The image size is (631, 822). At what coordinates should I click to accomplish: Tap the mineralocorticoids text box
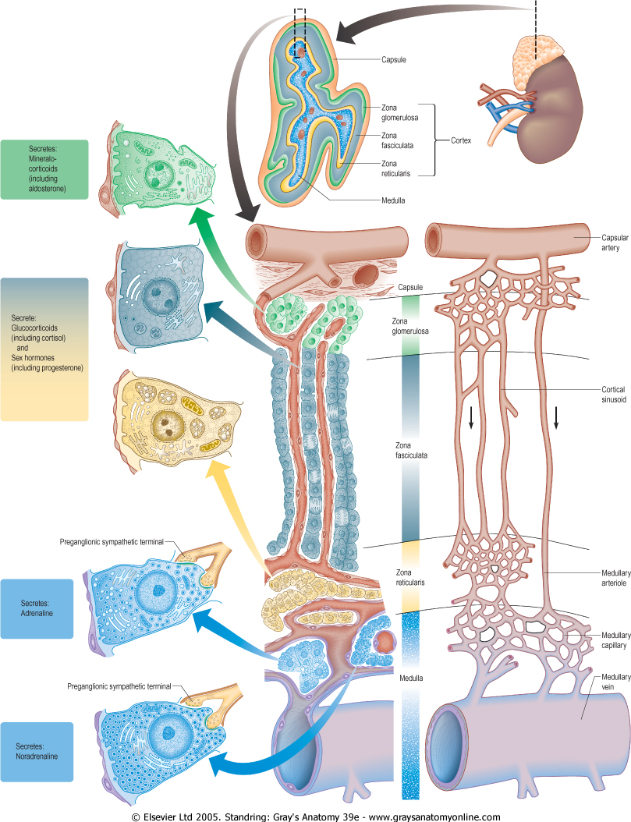pyautogui.click(x=44, y=169)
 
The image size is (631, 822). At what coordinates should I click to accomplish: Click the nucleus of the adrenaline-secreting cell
pyautogui.click(x=160, y=591)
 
